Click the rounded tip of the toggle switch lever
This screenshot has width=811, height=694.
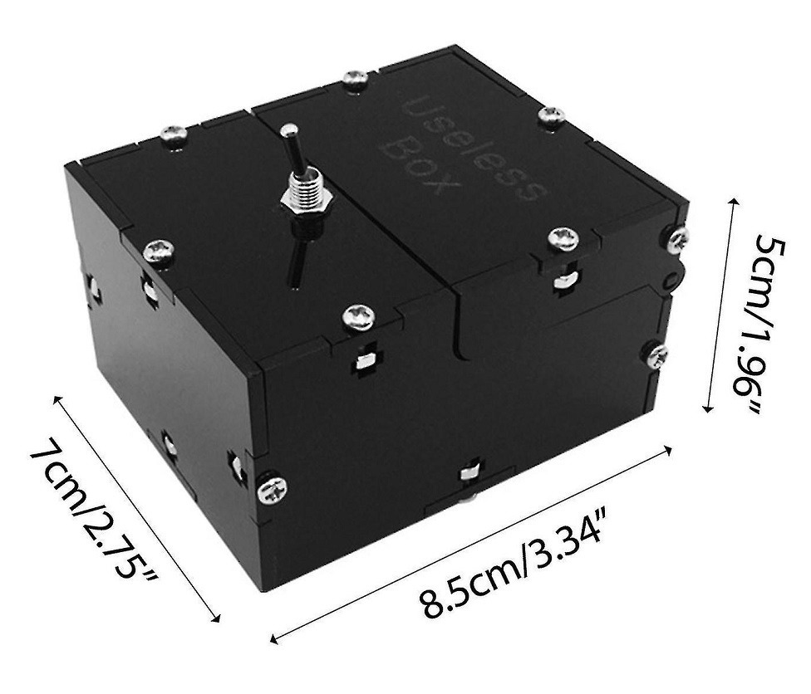pos(288,130)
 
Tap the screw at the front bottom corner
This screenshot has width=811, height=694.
pos(272,489)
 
